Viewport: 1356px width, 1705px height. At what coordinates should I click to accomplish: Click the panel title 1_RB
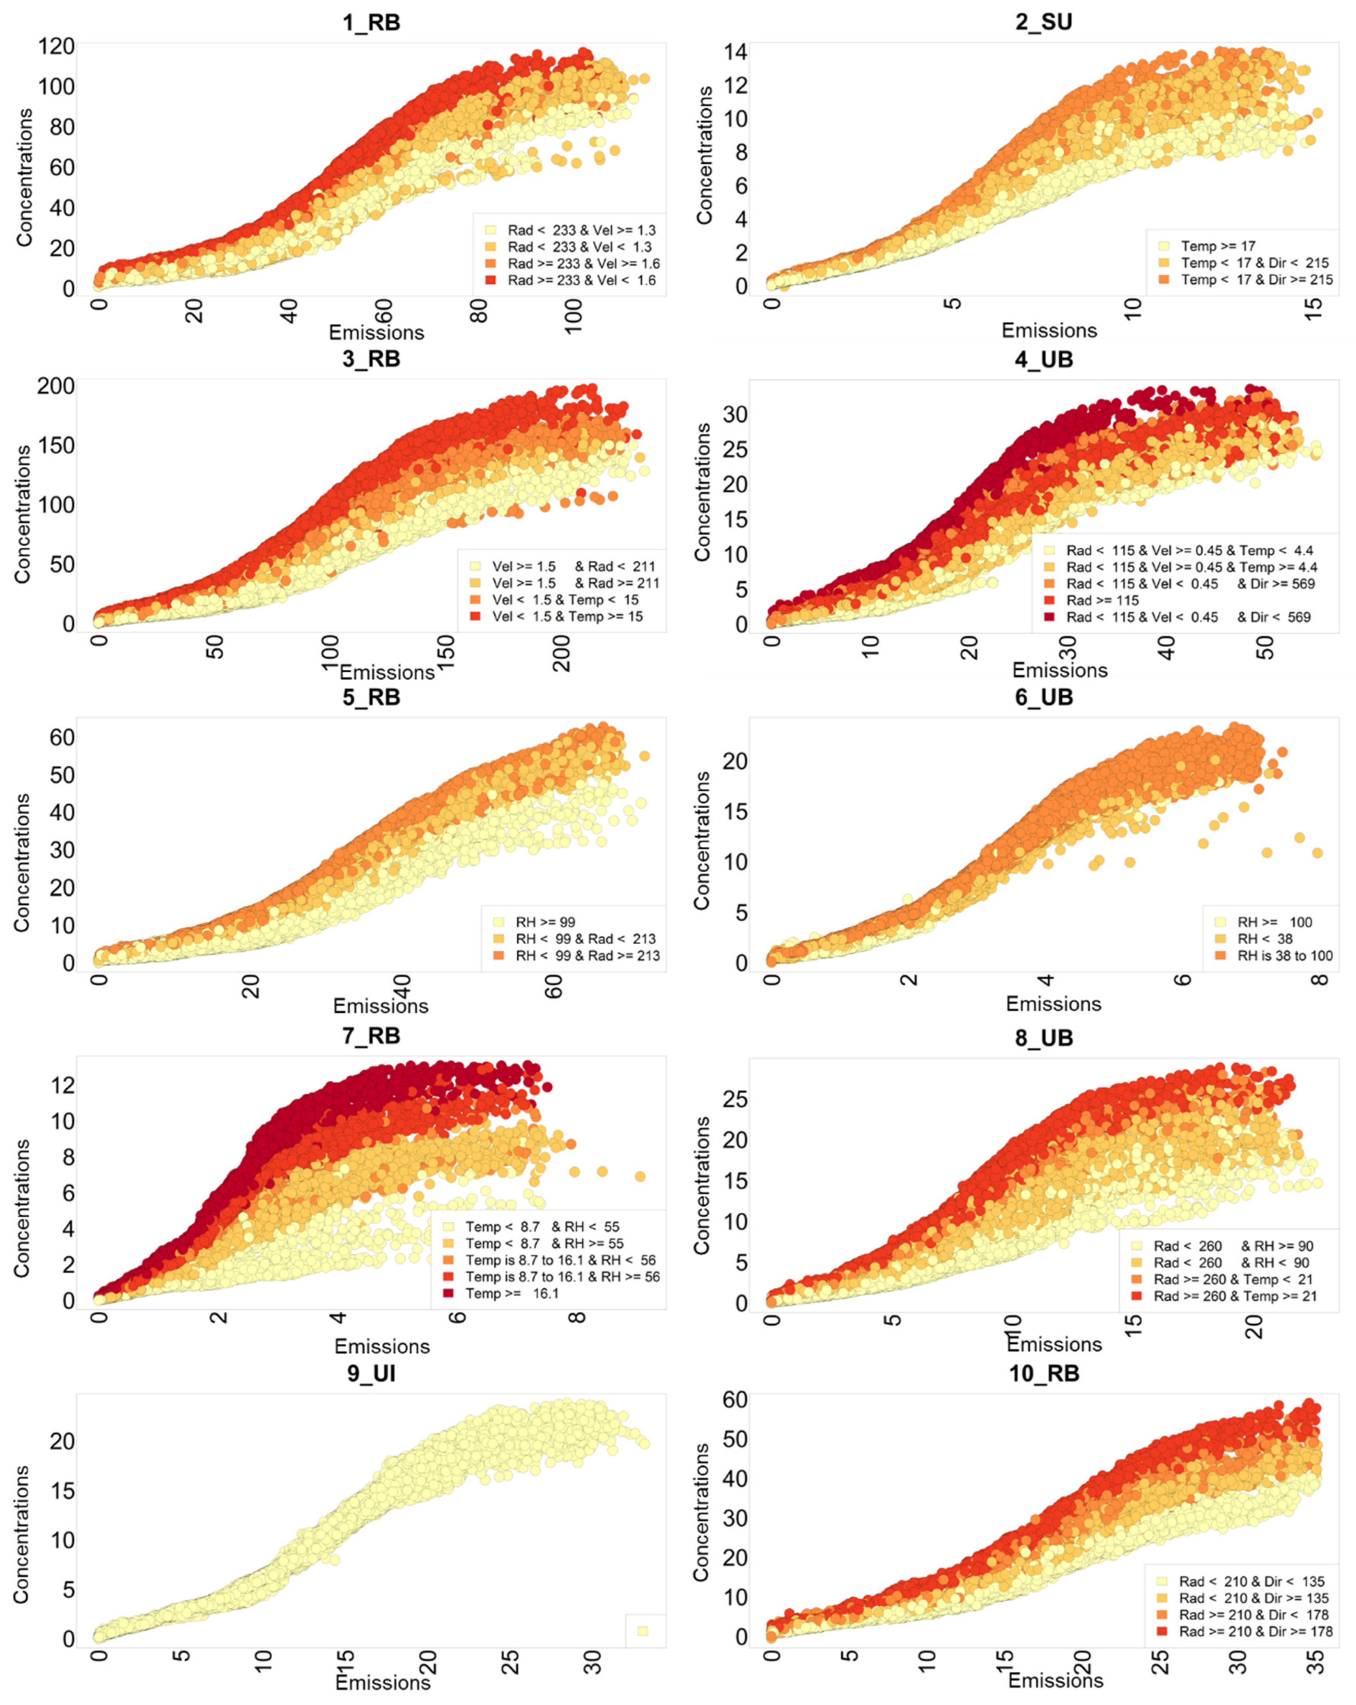371,22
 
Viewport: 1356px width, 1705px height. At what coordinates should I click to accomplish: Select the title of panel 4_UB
1044,360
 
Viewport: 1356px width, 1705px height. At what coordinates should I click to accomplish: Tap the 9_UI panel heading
371,1374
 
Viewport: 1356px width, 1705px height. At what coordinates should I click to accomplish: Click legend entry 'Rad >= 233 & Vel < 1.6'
582,280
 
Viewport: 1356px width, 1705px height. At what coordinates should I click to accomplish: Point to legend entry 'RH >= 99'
545,922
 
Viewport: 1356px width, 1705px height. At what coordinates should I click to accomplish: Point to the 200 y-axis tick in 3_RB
56,386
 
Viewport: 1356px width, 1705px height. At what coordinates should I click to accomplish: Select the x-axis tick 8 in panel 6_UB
1319,980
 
